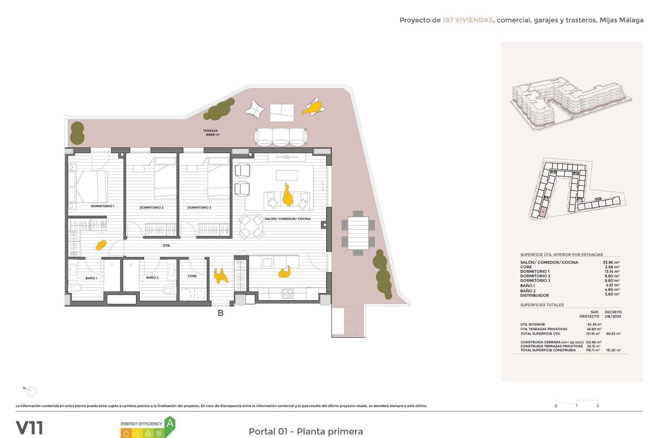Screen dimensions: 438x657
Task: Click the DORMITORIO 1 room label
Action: point(102,206)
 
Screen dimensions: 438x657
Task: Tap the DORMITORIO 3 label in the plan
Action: point(199,208)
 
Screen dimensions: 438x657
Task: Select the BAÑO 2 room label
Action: point(152,278)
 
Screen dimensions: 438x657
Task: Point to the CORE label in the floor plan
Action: point(192,276)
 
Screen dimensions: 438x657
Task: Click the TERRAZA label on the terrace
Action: point(210,131)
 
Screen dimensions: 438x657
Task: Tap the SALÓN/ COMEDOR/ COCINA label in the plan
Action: point(287,219)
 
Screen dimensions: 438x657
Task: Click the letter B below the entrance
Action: point(221,313)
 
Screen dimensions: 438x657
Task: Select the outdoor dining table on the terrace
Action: point(358,233)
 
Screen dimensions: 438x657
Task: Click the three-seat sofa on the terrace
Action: point(281,137)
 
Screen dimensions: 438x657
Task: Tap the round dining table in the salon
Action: point(251,226)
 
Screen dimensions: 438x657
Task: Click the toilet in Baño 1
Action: point(77,288)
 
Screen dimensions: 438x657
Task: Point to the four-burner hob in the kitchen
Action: point(287,294)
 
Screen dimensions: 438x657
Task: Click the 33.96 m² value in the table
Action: point(611,262)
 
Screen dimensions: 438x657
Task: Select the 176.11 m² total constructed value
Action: point(593,350)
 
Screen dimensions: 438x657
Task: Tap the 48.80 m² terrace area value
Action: point(594,329)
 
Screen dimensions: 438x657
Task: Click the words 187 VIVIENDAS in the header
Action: point(467,20)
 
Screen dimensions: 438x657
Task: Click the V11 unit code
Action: point(29,428)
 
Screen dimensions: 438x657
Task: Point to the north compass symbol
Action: point(31,391)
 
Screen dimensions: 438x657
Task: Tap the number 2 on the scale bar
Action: point(597,405)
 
